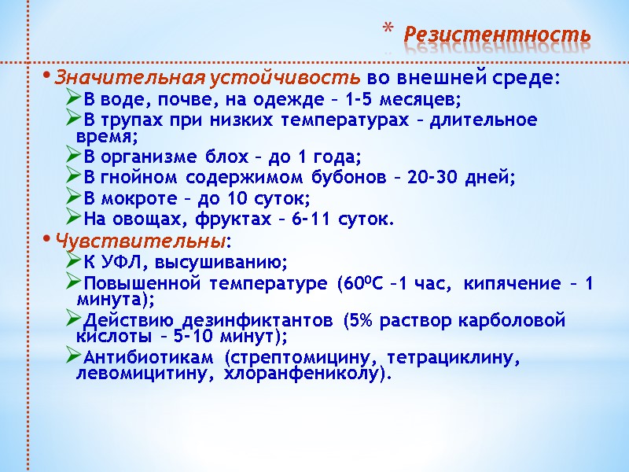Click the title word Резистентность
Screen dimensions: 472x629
tap(496, 35)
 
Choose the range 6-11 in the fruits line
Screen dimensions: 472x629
tap(314, 219)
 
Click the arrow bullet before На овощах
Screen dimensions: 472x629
tap(74, 219)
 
